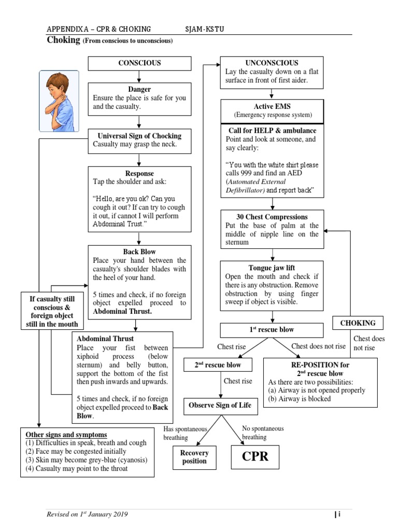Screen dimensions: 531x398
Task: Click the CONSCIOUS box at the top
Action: point(139,63)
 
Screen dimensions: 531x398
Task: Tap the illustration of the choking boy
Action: point(59,101)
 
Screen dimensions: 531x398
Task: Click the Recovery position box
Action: point(194,457)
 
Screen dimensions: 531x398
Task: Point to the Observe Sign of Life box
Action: point(220,405)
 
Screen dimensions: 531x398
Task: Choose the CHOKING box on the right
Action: point(358,323)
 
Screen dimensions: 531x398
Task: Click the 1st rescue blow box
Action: point(273,330)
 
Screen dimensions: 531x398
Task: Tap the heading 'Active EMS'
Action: point(272,106)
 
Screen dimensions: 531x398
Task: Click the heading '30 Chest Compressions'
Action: point(272,217)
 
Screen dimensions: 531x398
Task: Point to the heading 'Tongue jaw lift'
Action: point(272,268)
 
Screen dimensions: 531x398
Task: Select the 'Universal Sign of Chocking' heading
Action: point(139,136)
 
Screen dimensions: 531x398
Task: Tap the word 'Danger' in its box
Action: point(139,90)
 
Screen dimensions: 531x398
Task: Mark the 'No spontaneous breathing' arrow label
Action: point(263,433)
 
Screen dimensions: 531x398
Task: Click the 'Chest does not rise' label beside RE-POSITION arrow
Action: point(318,346)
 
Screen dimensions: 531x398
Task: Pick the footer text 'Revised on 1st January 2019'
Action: point(87,514)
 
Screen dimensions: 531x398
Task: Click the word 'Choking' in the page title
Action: point(62,40)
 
